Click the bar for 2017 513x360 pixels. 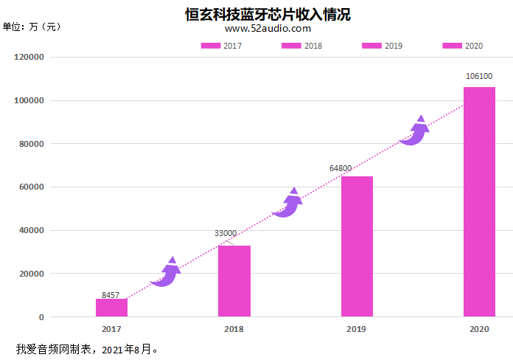pyautogui.click(x=111, y=308)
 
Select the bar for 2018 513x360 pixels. pyautogui.click(x=234, y=281)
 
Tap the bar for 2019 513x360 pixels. pyautogui.click(x=357, y=246)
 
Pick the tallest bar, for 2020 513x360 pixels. pyautogui.click(x=479, y=202)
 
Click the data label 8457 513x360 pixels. pyautogui.click(x=111, y=295)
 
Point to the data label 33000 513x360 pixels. pyautogui.click(x=226, y=233)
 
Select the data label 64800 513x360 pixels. pyautogui.click(x=341, y=169)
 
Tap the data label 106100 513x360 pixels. pyautogui.click(x=479, y=76)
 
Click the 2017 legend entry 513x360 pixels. pyautogui.click(x=221, y=46)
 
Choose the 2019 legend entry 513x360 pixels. pyautogui.click(x=383, y=46)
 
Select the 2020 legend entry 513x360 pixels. pyautogui.click(x=463, y=46)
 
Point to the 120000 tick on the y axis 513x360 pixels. pyautogui.click(x=29, y=57)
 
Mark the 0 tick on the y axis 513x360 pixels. pyautogui.click(x=41, y=317)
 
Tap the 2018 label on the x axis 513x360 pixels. pyautogui.click(x=234, y=329)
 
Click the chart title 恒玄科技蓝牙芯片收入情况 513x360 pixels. pyautogui.click(x=268, y=14)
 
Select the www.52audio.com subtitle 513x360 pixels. pyautogui.click(x=268, y=29)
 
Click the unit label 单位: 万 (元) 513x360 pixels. pyautogui.click(x=32, y=27)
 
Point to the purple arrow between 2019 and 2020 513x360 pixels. pyautogui.click(x=414, y=131)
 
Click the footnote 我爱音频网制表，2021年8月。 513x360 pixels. pyautogui.click(x=87, y=348)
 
